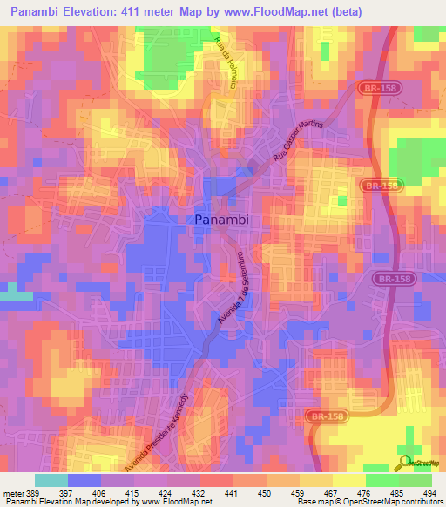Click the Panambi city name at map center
pyautogui.click(x=221, y=220)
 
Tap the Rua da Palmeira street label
pyautogui.click(x=226, y=63)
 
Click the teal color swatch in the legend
pyautogui.click(x=51, y=480)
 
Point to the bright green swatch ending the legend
pyautogui.click(x=416, y=480)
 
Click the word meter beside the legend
pyautogui.click(x=16, y=493)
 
